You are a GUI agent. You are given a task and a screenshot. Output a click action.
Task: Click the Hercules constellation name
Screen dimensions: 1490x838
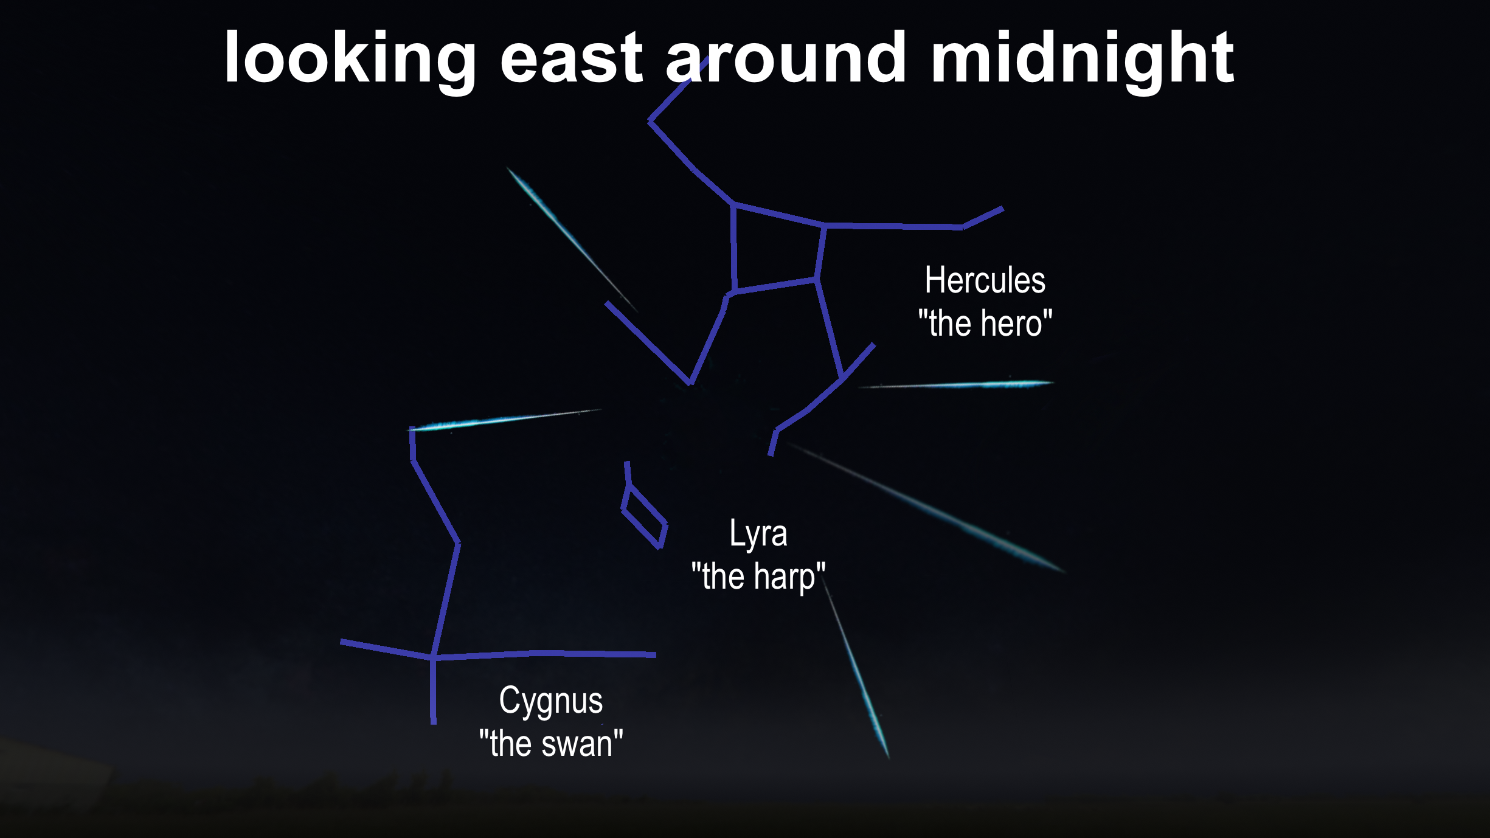985,280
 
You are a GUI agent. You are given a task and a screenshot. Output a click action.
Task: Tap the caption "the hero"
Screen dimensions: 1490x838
985,323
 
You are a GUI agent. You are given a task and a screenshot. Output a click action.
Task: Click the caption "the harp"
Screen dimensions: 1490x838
758,577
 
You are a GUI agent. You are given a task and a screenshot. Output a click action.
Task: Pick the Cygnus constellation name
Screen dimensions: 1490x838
551,702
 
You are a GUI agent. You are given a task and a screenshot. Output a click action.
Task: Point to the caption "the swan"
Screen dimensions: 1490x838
551,744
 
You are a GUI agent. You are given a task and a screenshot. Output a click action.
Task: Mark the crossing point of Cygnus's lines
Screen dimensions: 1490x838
433,657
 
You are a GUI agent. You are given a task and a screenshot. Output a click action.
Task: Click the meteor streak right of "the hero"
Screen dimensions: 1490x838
955,384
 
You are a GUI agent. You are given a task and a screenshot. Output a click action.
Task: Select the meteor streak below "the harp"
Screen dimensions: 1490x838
856,669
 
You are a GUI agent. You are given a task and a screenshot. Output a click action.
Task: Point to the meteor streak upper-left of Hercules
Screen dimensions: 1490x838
572,240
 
